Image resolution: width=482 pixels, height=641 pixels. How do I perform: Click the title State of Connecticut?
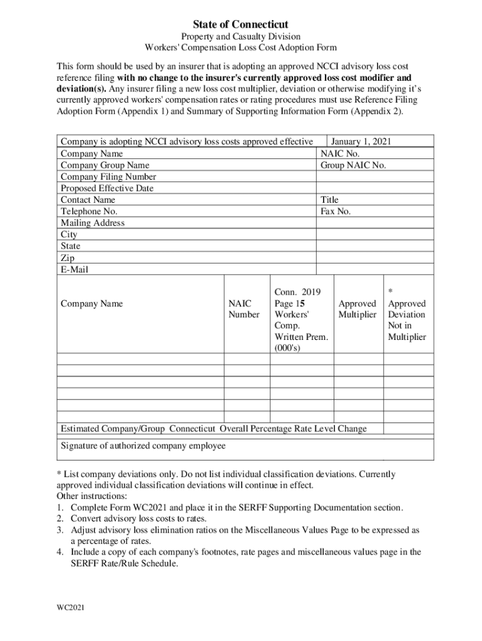pos(240,24)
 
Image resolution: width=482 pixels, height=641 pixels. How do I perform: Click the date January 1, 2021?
pos(361,142)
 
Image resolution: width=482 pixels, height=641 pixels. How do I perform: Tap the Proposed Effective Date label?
pos(107,188)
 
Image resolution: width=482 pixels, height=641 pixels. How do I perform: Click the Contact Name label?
pos(88,200)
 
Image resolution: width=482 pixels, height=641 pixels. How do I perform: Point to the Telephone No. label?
pos(89,212)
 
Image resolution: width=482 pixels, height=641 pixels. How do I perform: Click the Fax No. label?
pos(336,212)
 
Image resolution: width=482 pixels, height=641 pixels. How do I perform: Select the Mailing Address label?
pos(93,223)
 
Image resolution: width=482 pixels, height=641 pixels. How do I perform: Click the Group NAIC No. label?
pos(353,165)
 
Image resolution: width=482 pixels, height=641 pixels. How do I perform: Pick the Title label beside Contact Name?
pos(329,200)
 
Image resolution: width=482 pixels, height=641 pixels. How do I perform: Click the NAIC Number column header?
pos(244,309)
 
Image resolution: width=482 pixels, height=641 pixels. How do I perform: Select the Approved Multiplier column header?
pos(357,309)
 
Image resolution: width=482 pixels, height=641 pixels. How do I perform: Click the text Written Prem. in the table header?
pos(300,337)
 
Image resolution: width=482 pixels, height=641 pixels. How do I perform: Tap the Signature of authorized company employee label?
pos(143,446)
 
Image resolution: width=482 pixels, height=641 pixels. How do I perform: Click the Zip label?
pos(68,258)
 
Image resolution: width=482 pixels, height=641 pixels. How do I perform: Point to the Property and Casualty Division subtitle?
pos(240,37)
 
